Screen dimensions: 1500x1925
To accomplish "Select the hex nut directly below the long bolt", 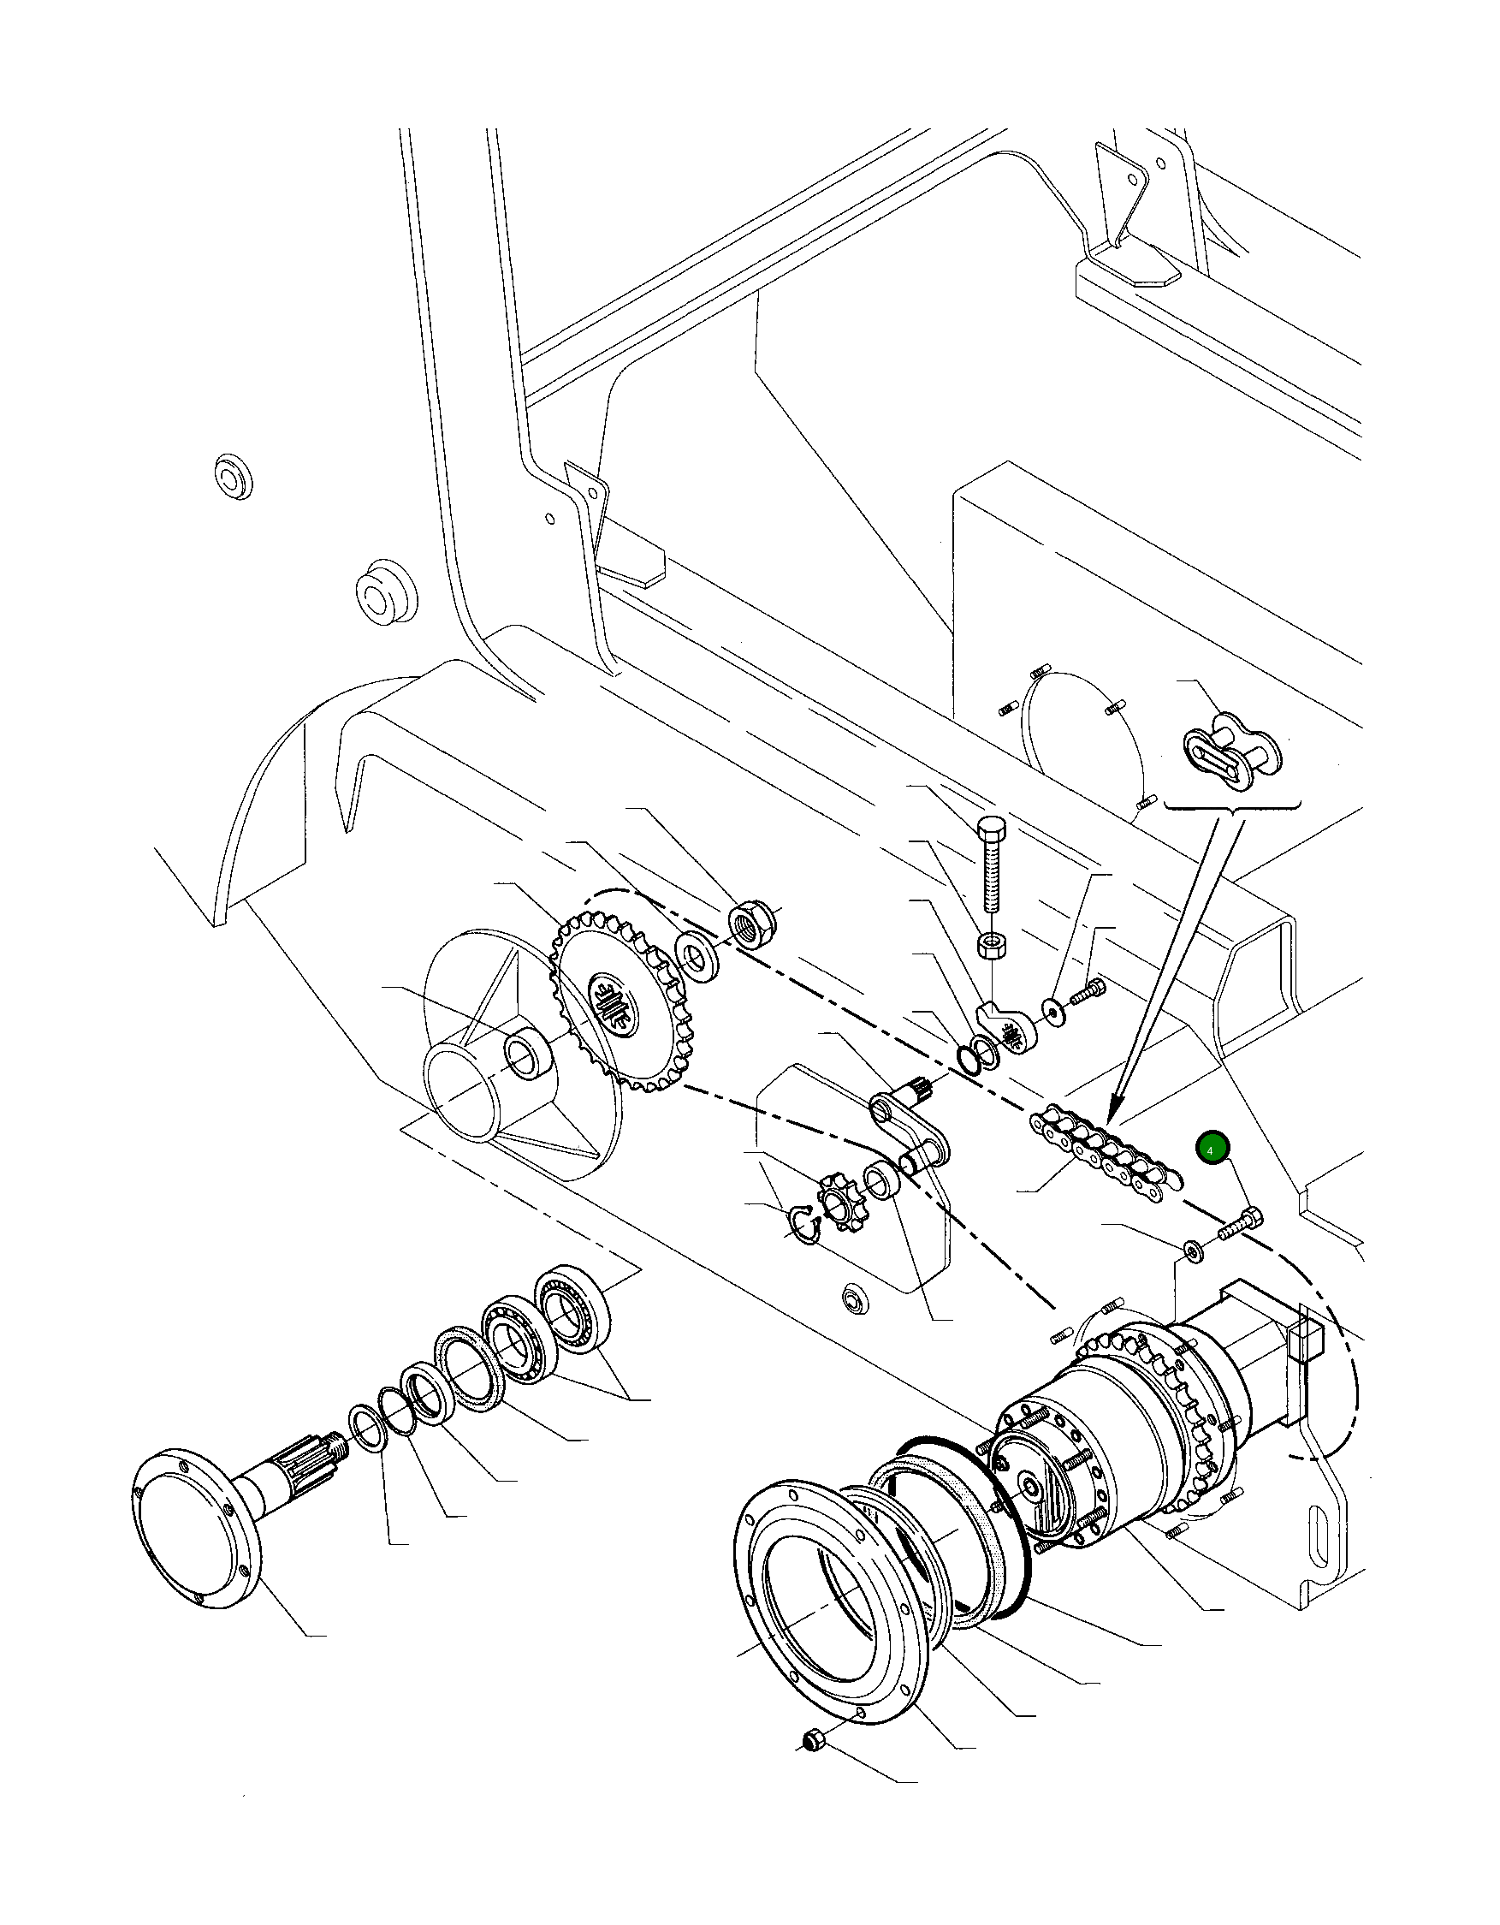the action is (993, 947).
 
